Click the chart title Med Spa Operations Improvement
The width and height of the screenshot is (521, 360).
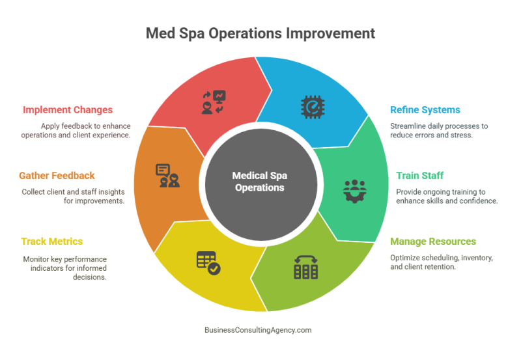click(260, 33)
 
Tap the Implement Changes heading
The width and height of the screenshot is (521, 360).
click(68, 110)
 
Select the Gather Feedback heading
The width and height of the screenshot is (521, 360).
click(57, 176)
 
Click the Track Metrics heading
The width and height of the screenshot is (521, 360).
click(51, 242)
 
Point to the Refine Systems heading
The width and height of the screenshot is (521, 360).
click(425, 110)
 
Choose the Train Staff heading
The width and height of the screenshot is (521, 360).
click(420, 176)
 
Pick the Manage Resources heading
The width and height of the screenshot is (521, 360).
click(433, 242)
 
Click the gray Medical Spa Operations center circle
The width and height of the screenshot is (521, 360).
click(260, 182)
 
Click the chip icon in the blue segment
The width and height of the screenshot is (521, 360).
click(311, 105)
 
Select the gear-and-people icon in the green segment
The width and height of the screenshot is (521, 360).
click(355, 189)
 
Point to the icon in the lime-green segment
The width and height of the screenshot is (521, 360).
click(306, 266)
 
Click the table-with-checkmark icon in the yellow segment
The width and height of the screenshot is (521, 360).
click(208, 262)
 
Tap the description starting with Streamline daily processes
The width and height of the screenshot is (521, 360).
click(438, 130)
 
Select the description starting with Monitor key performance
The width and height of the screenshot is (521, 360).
click(64, 268)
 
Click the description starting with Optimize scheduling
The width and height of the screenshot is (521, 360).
click(442, 262)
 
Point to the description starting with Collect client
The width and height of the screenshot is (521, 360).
click(72, 197)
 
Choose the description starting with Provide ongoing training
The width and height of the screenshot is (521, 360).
click(447, 197)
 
